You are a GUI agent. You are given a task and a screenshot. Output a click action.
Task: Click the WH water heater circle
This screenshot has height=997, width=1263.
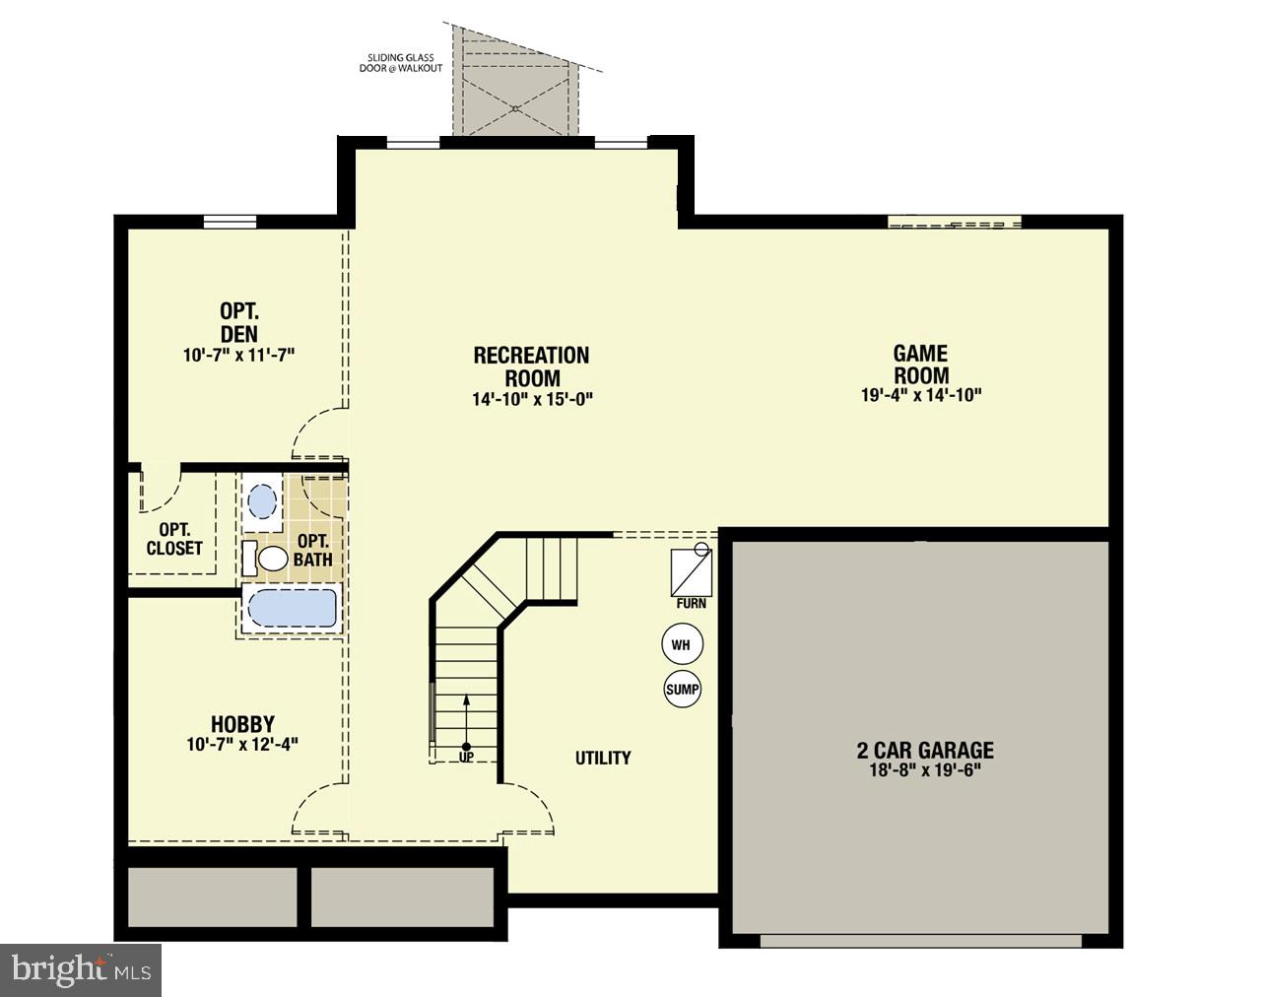[x=681, y=645]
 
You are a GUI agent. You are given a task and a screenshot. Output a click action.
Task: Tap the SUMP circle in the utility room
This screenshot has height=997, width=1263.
[x=682, y=690]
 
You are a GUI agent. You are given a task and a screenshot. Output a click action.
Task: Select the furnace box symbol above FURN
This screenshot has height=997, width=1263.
[x=690, y=568]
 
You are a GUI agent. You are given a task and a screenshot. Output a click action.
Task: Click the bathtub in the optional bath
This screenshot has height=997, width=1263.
[x=292, y=608]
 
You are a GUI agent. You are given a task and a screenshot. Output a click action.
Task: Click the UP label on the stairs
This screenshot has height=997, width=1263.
[x=466, y=757]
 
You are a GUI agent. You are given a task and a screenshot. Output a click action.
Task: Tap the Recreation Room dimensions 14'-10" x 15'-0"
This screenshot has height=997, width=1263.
[x=532, y=399]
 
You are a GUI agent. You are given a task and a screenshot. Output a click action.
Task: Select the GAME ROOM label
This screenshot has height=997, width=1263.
[x=921, y=365]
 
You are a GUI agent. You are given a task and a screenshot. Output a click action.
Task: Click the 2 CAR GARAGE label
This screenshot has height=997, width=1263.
[x=925, y=750]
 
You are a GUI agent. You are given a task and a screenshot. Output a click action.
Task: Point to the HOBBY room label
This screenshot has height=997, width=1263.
[x=242, y=724]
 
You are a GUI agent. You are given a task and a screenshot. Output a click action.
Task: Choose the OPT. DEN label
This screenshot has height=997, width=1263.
[x=239, y=322]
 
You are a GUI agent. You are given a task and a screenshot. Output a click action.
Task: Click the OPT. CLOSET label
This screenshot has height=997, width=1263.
[x=174, y=539]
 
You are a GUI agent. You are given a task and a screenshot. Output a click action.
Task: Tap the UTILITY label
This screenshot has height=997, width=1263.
[x=603, y=758]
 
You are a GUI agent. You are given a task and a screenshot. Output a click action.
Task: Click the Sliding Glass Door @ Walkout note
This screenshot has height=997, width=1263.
[x=399, y=63]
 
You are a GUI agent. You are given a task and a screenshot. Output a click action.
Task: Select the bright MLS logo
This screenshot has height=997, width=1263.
[x=81, y=970]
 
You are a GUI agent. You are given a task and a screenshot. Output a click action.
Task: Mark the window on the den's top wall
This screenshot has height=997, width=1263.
[x=230, y=222]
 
